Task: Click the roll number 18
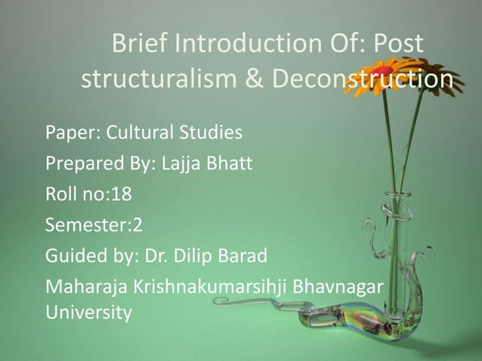(122, 194)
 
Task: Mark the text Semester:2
(88, 224)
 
